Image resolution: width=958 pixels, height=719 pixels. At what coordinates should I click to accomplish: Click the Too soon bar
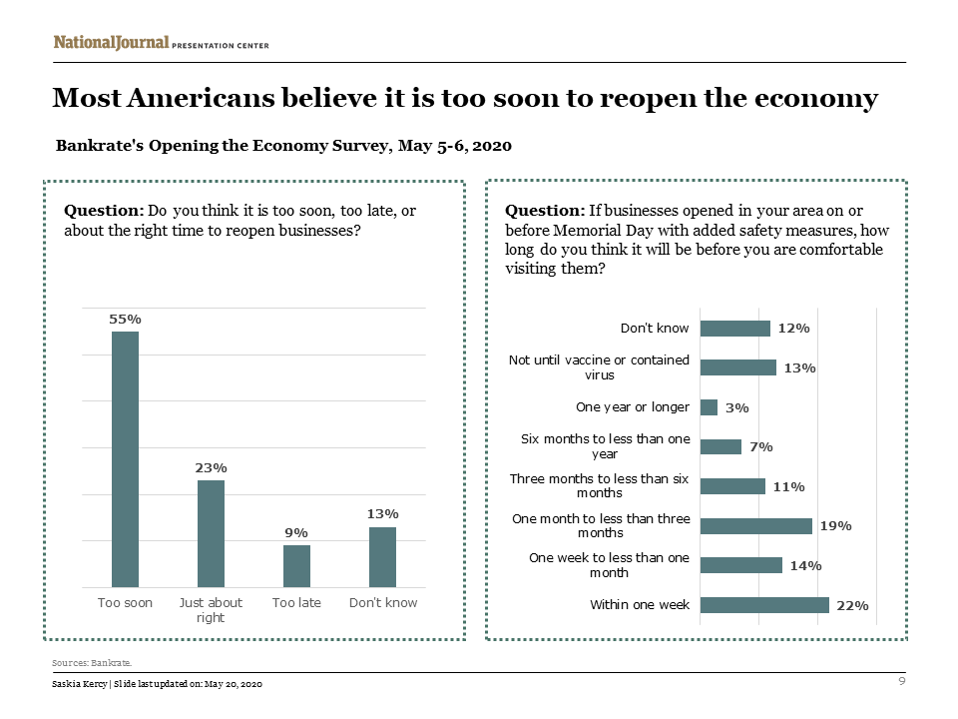pos(125,459)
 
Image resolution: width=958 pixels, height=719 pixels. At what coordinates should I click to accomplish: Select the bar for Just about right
pos(211,533)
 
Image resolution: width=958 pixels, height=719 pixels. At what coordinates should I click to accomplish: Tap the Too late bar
pos(296,565)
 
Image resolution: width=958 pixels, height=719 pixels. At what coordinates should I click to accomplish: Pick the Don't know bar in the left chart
pos(382,557)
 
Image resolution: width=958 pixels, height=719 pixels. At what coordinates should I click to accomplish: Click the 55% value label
pos(125,319)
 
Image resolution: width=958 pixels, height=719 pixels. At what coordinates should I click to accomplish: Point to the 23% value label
pos(211,467)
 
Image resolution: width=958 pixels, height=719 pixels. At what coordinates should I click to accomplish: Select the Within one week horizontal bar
pos(764,604)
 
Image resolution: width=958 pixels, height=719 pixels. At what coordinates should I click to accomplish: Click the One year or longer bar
pos(710,407)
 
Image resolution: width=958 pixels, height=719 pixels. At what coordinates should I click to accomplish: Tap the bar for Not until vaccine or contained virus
pos(738,367)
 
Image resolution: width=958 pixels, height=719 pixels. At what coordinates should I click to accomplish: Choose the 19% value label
pos(835,526)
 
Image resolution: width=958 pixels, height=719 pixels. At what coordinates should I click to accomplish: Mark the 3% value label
pos(737,407)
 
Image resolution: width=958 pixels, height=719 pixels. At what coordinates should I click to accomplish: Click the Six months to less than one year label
pos(606,446)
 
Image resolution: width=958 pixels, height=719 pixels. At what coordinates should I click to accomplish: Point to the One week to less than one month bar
pos(741,565)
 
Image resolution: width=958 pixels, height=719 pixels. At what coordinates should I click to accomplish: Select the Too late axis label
pos(296,603)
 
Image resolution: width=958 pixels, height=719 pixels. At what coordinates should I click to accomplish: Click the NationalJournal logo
pos(111,43)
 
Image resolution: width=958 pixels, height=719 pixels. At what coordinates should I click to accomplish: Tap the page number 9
pos(902,681)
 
